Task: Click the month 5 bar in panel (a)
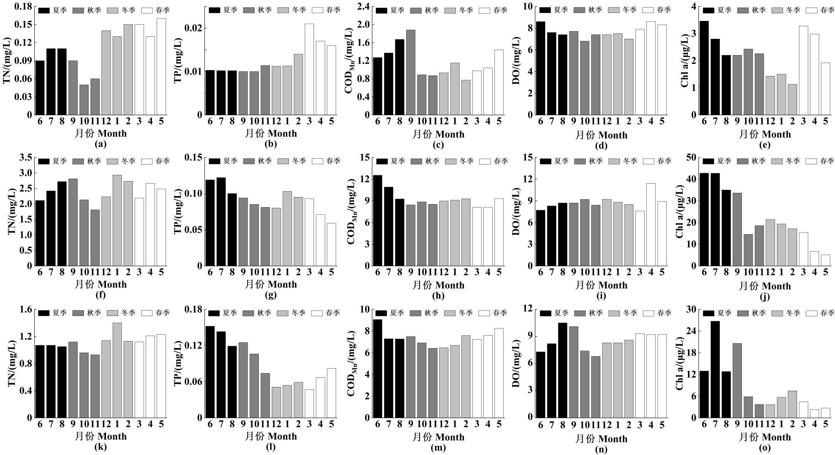(x=161, y=67)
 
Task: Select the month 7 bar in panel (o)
(x=715, y=369)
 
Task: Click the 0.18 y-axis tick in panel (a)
(x=23, y=7)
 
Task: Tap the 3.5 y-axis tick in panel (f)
(x=26, y=157)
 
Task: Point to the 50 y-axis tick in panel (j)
(x=691, y=157)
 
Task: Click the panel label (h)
(x=438, y=296)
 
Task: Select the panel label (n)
(x=601, y=449)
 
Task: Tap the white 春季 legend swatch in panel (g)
(x=318, y=161)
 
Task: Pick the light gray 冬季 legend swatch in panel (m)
(x=450, y=313)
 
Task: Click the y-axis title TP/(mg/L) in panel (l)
(x=178, y=363)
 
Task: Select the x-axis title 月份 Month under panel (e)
(x=765, y=134)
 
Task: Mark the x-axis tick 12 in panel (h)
(x=444, y=272)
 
